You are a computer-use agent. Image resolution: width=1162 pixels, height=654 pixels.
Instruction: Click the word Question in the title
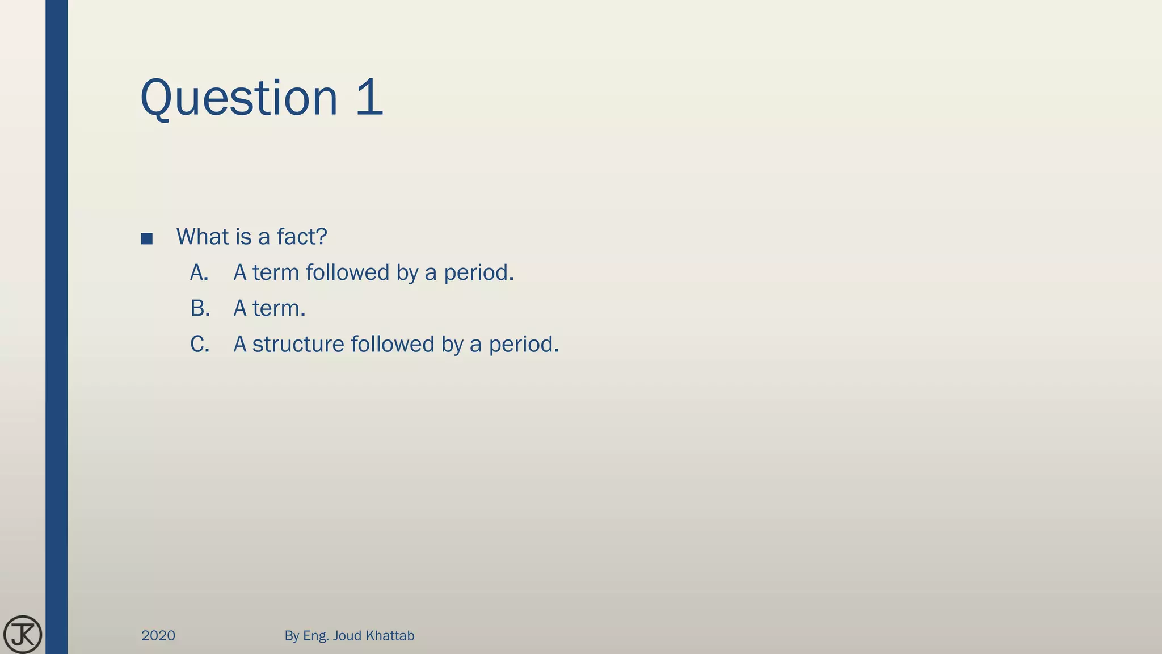coord(239,98)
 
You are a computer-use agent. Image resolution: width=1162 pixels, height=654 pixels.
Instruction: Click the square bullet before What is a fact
coord(147,239)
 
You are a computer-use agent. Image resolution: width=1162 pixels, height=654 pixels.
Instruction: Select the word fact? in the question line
coord(302,237)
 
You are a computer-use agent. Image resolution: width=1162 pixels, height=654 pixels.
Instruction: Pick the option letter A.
coord(199,273)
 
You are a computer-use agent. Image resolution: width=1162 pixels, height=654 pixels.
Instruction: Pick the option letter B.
coord(200,309)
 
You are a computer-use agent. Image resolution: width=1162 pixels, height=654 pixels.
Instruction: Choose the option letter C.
coord(200,345)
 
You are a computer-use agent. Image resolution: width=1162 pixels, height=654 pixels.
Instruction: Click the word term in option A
coord(276,273)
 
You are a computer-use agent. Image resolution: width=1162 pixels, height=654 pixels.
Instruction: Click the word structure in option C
coord(298,345)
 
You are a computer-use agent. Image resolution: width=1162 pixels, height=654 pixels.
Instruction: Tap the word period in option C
coord(523,345)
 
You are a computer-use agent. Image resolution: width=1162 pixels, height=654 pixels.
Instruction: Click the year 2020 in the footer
coord(158,636)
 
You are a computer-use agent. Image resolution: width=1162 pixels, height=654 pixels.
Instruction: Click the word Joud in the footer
coord(347,636)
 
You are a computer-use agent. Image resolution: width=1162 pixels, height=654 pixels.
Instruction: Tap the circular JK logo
coord(23,635)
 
